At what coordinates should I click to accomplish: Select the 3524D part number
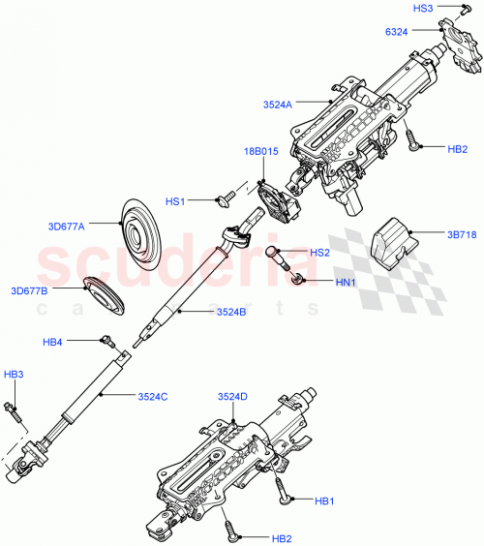tap(232, 396)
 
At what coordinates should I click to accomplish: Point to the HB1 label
tap(325, 500)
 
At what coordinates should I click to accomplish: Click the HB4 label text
tap(53, 341)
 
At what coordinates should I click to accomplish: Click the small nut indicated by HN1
tap(299, 279)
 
